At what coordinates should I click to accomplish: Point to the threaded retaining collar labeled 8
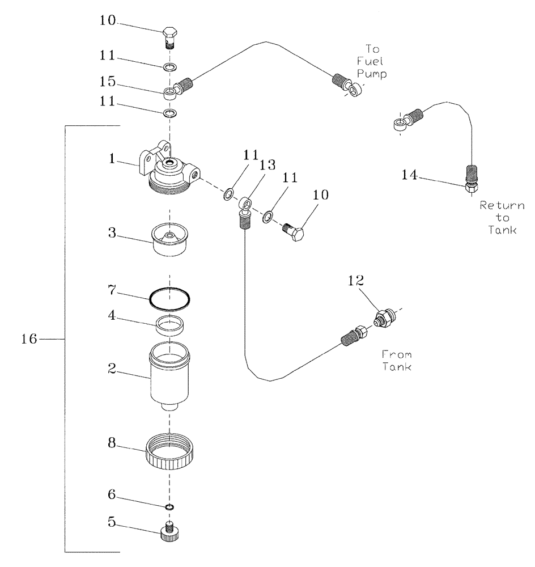tap(169, 451)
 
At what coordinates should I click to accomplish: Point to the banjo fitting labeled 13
tap(245, 202)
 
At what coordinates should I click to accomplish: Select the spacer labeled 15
tap(168, 93)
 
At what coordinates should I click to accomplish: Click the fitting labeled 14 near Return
tap(471, 187)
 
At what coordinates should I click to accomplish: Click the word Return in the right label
tap(502, 205)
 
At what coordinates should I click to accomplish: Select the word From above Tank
tap(397, 354)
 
